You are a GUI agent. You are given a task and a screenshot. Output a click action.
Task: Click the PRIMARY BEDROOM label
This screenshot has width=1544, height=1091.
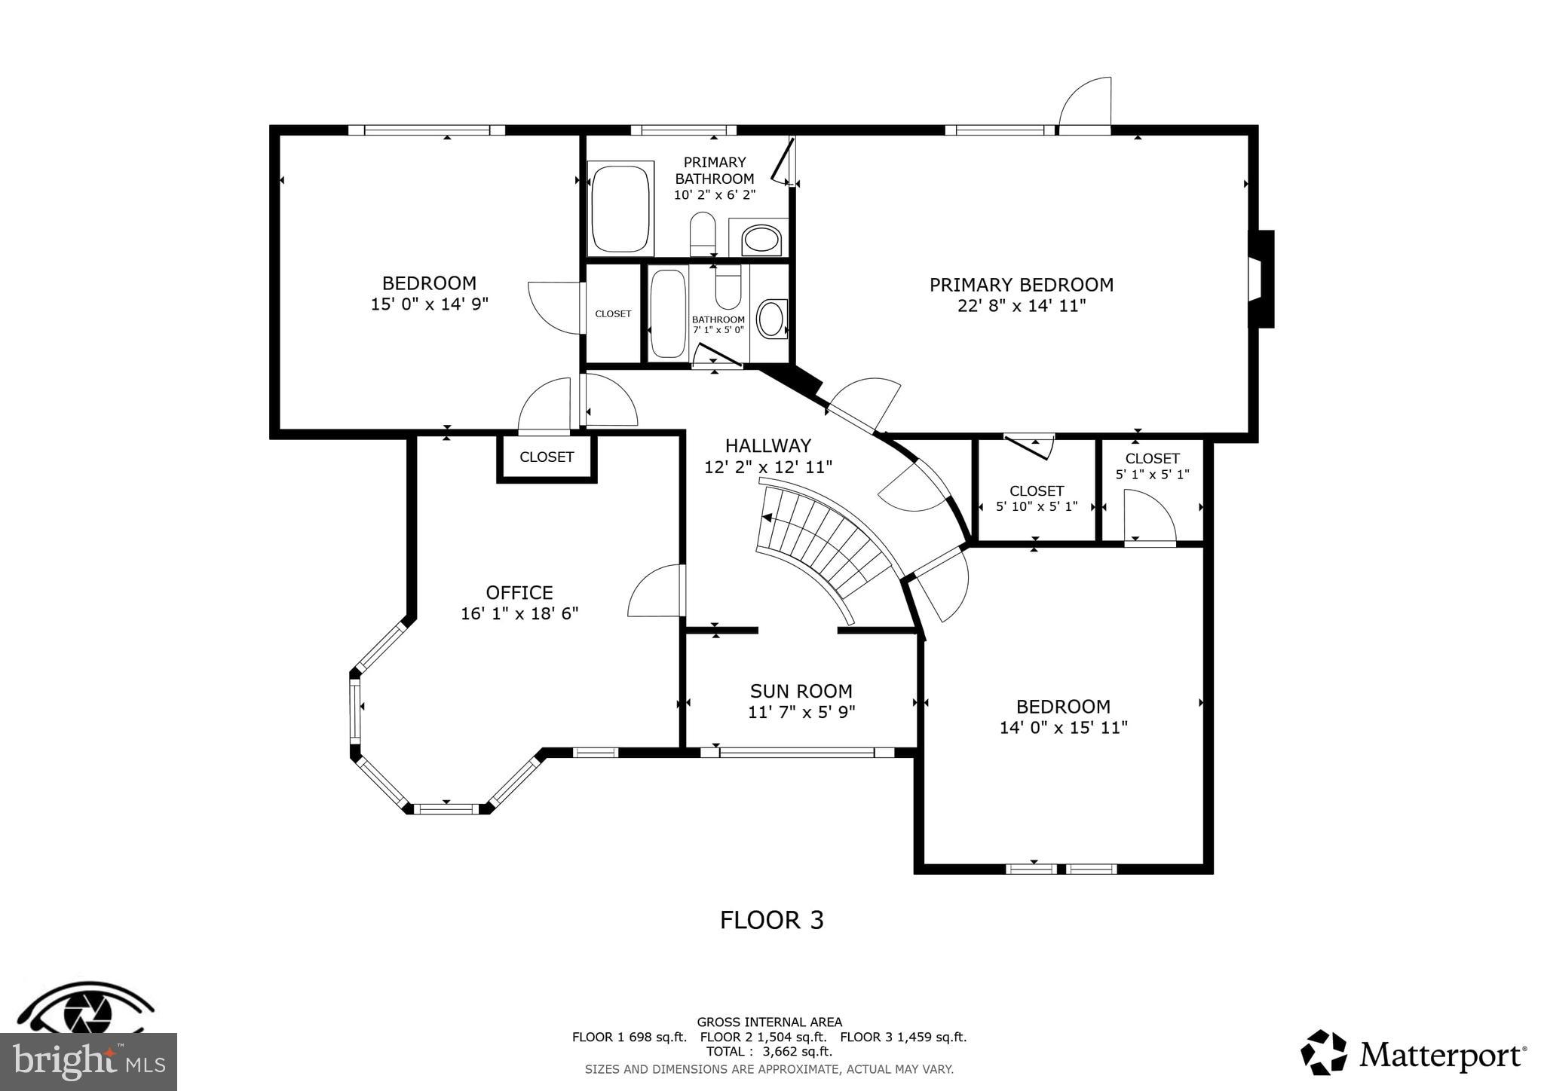click(1021, 285)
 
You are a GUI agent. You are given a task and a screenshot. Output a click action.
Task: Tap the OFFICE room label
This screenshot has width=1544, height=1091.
click(519, 592)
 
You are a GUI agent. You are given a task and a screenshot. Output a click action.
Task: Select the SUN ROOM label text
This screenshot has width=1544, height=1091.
click(801, 691)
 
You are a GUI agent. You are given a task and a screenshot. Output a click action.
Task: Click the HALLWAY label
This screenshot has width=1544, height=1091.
click(767, 445)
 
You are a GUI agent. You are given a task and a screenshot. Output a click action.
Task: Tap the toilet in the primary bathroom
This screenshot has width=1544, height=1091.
click(703, 234)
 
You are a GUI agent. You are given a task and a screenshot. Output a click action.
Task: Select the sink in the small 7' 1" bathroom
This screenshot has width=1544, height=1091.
click(771, 319)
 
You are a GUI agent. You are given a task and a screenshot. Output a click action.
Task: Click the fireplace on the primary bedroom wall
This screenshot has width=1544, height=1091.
click(1260, 280)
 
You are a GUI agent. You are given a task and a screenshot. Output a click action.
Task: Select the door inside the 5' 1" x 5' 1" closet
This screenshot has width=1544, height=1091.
click(1148, 517)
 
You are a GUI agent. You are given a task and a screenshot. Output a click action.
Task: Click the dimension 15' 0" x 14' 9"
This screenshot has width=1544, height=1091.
click(429, 304)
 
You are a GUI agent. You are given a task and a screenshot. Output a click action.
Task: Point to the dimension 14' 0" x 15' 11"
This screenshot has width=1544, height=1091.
click(1063, 728)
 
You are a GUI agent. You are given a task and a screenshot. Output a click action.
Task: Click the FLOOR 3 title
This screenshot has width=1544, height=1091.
click(771, 920)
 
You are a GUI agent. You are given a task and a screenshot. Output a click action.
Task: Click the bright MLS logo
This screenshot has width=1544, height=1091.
click(88, 1062)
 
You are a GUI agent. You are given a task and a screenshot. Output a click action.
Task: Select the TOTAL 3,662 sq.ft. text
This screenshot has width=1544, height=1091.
click(769, 1051)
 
